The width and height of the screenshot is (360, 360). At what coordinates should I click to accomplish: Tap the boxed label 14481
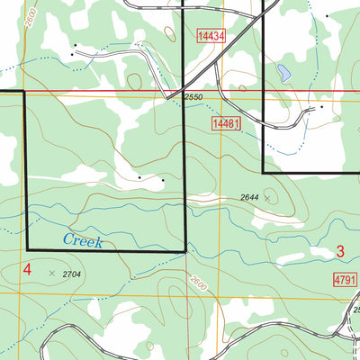(x=225, y=123)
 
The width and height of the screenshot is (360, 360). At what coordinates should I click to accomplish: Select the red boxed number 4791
(x=344, y=281)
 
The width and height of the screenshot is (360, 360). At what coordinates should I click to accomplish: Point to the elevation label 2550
(x=194, y=96)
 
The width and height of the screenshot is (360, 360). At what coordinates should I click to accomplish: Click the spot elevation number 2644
(x=250, y=197)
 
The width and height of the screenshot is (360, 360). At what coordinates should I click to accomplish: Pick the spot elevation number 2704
(x=74, y=272)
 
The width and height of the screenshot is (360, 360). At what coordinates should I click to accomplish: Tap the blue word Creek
(x=83, y=241)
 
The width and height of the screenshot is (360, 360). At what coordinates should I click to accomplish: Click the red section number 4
(x=27, y=269)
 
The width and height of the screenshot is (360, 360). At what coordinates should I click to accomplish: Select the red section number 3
(x=340, y=251)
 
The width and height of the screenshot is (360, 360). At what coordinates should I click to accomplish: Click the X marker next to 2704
(x=52, y=272)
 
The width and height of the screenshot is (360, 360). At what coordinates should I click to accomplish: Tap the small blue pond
(x=283, y=71)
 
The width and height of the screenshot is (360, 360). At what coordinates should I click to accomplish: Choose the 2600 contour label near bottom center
(x=199, y=290)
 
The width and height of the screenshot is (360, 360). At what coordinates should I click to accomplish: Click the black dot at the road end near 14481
(x=321, y=107)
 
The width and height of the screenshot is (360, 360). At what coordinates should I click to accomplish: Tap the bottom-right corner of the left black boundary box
(x=184, y=249)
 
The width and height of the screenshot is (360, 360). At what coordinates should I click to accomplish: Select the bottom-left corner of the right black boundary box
(x=263, y=172)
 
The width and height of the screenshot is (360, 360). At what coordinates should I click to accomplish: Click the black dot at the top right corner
(x=329, y=16)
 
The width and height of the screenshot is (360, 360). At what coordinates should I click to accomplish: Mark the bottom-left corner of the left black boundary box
(x=27, y=249)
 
